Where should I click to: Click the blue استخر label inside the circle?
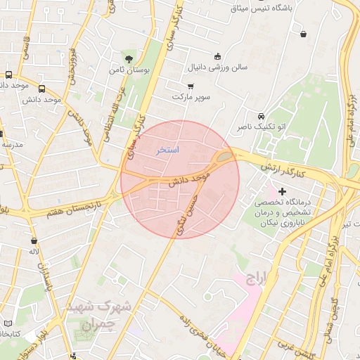click(167, 150)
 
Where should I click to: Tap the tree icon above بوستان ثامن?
click(127, 58)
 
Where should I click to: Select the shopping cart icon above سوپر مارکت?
click(191, 85)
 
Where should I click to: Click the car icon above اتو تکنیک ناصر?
click(261, 116)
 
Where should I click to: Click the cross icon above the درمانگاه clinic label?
click(283, 191)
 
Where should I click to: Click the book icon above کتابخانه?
click(8, 322)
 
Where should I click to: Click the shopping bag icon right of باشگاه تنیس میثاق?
click(303, 33)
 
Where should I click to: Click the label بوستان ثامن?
click(127, 70)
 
